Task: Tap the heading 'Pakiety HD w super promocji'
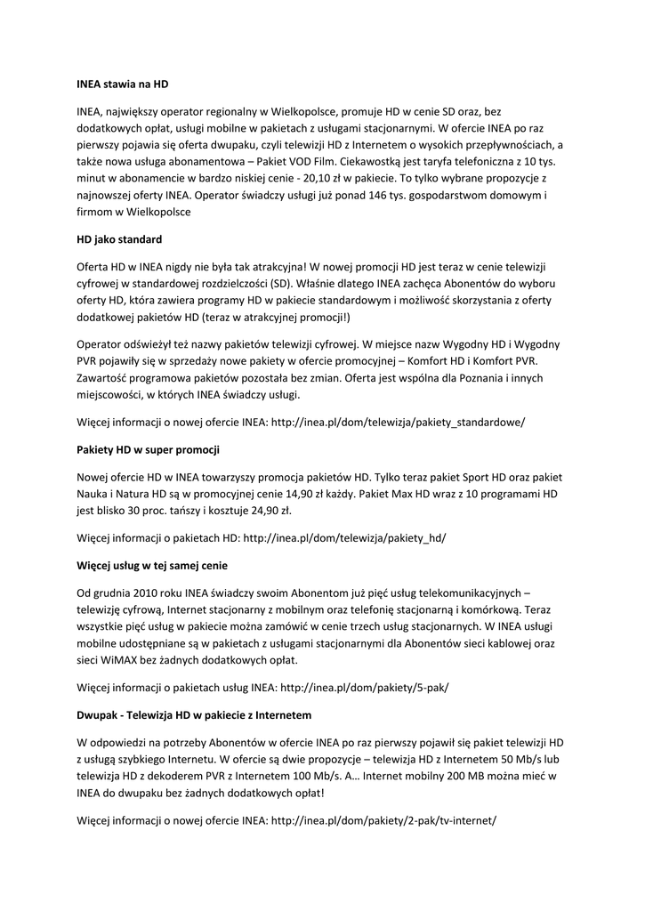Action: [x=149, y=449]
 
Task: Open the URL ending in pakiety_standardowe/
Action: [x=398, y=422]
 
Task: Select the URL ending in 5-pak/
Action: [x=365, y=687]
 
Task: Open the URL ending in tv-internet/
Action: [x=383, y=820]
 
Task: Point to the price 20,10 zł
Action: [x=313, y=178]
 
